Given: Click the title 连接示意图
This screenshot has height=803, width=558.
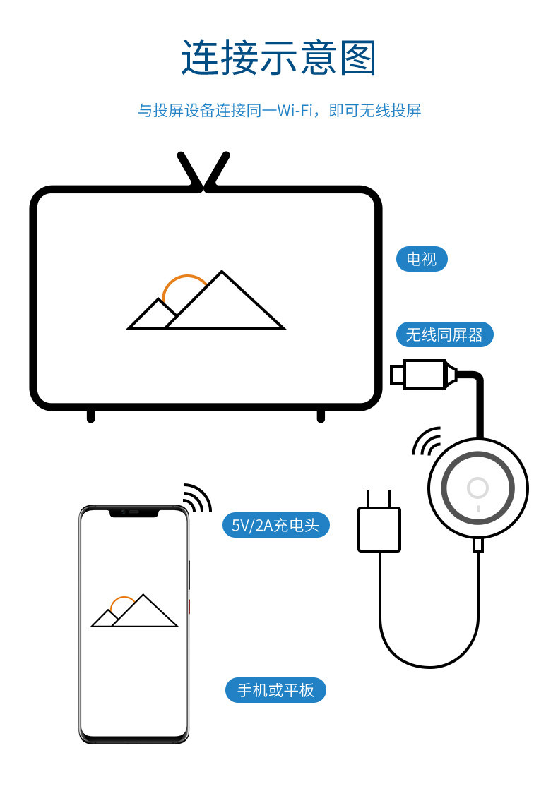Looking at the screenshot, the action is pyautogui.click(x=278, y=58).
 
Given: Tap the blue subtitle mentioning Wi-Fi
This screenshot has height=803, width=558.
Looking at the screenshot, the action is pyautogui.click(x=278, y=111).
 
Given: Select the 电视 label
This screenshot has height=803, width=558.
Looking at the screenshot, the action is pyautogui.click(x=422, y=259).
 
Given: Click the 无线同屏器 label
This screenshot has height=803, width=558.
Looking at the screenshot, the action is pyautogui.click(x=444, y=334).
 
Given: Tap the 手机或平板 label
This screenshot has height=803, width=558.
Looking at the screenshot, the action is pyautogui.click(x=275, y=689).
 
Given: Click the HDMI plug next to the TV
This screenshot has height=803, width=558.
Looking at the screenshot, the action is pyautogui.click(x=424, y=373).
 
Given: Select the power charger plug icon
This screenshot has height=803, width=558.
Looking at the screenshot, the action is pyautogui.click(x=379, y=526).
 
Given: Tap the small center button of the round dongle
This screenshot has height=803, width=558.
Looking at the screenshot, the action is pyautogui.click(x=478, y=488).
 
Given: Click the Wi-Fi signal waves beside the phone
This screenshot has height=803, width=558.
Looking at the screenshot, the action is pyautogui.click(x=198, y=497).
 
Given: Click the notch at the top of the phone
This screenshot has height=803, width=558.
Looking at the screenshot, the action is pyautogui.click(x=133, y=512).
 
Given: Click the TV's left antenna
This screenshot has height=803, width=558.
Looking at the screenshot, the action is pyautogui.click(x=189, y=169).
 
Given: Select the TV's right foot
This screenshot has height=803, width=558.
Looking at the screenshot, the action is pyautogui.click(x=321, y=416).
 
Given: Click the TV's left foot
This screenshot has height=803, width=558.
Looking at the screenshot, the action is pyautogui.click(x=90, y=416).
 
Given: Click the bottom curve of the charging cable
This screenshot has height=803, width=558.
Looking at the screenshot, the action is pyautogui.click(x=429, y=665).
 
